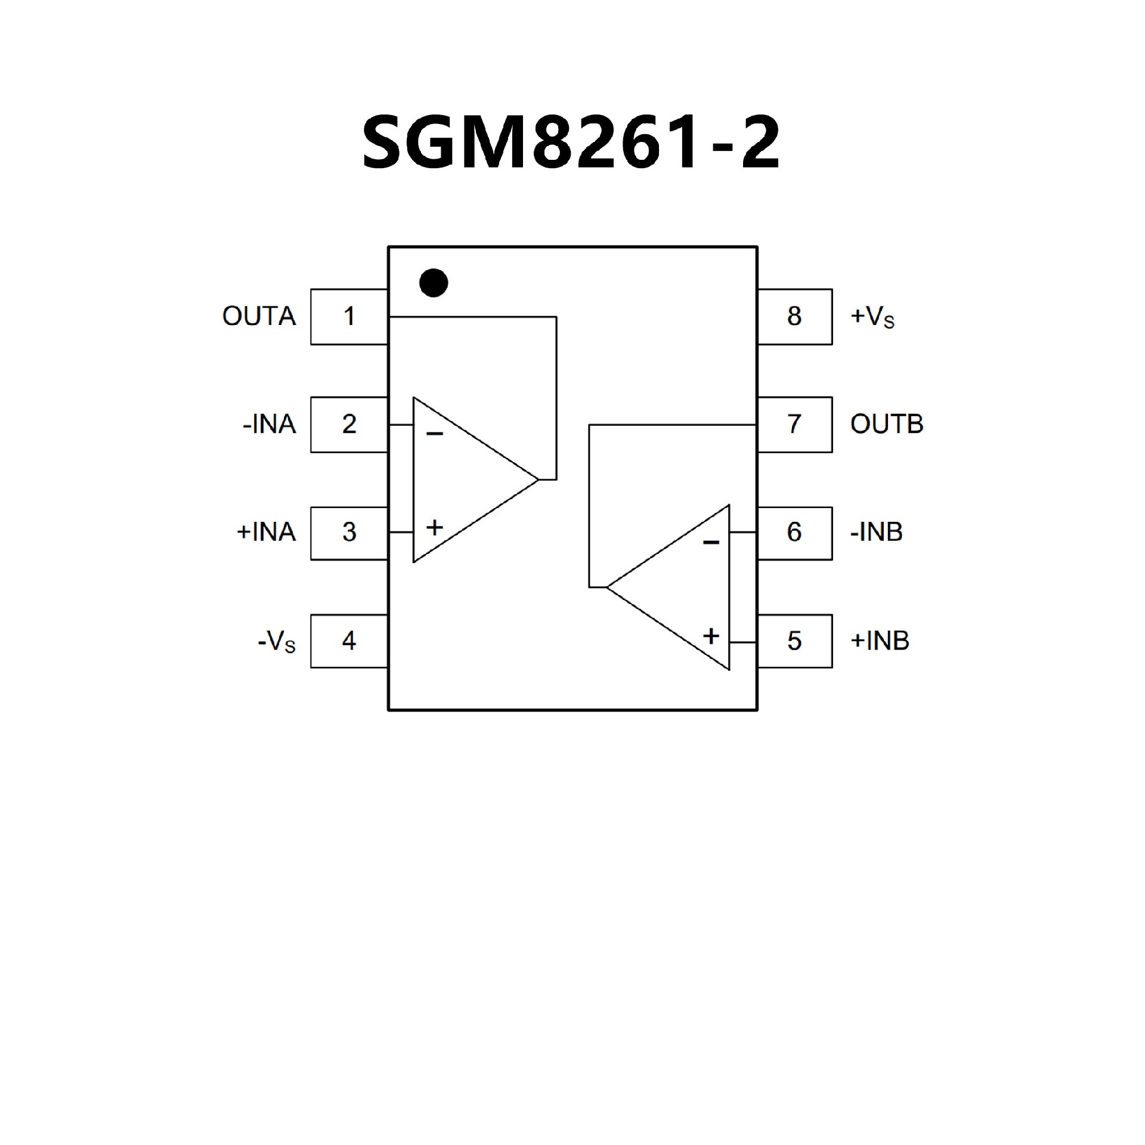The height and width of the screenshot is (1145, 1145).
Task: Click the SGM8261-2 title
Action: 571,143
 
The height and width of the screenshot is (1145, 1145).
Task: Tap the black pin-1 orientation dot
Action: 434,283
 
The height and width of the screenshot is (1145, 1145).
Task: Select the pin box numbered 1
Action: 349,317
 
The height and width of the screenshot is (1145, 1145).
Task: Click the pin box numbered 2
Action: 349,425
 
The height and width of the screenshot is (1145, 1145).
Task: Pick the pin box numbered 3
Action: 349,533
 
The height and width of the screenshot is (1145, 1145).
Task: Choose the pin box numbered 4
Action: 349,641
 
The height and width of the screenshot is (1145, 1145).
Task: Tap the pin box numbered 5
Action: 794,641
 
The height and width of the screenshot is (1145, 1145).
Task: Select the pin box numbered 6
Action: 794,533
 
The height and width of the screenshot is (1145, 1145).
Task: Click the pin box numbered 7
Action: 794,425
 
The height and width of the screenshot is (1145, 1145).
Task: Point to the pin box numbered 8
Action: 794,317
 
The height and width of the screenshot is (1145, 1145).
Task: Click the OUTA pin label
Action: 259,317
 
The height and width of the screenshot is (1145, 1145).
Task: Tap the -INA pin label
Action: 269,425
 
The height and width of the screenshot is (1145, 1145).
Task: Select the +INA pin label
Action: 266,532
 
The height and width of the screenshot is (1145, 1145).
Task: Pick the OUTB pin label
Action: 887,425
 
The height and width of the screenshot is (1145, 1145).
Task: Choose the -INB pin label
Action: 876,532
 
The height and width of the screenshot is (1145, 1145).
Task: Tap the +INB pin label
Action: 880,641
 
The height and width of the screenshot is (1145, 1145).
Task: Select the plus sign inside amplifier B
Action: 711,636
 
